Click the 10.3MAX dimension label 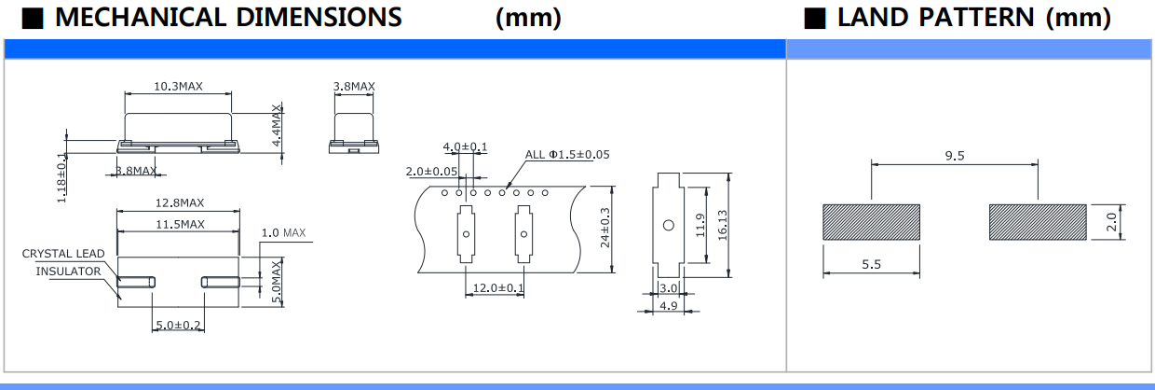tap(179, 86)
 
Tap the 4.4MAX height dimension tap(277, 126)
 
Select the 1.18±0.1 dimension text tap(61, 177)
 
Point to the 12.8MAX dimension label tap(180, 203)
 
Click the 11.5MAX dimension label tap(180, 225)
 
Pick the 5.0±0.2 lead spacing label tap(178, 325)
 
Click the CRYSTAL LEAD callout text tap(63, 254)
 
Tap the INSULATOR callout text tap(68, 272)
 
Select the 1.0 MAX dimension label tap(283, 233)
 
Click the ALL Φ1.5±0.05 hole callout tap(567, 155)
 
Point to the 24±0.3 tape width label tap(605, 228)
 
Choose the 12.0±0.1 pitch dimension tap(498, 287)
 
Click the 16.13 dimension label tap(723, 225)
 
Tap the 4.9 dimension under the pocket tap(669, 306)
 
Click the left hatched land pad tap(872, 222)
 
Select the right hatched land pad tap(1038, 222)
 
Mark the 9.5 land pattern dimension tap(955, 156)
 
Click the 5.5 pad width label tap(872, 264)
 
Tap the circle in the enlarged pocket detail tap(668, 225)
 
